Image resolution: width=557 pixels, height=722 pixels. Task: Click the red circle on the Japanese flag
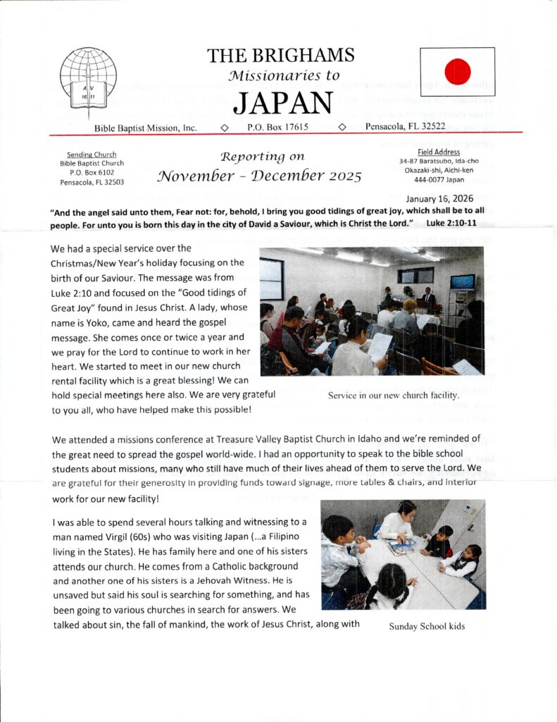458,71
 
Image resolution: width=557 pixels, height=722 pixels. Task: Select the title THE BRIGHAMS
281,56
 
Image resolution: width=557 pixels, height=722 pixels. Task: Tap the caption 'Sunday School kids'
427,626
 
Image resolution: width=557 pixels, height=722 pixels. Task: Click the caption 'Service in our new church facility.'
394,395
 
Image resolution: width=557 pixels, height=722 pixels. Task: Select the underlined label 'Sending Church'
92,154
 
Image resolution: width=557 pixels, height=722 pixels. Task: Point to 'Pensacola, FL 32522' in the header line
405,127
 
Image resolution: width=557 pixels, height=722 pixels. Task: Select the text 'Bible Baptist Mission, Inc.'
146,128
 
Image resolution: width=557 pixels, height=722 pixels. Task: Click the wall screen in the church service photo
462,282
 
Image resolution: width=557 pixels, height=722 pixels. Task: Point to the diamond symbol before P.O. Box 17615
223,128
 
